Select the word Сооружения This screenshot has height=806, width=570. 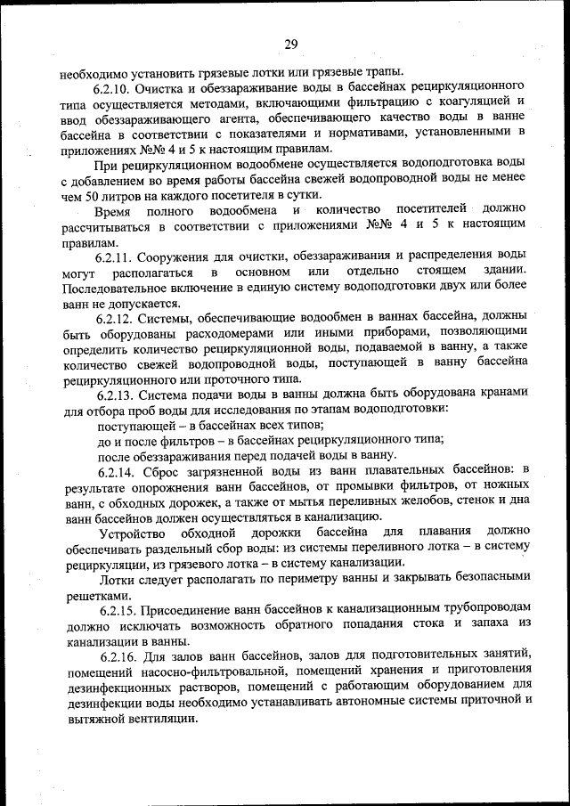pyautogui.click(x=184, y=255)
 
